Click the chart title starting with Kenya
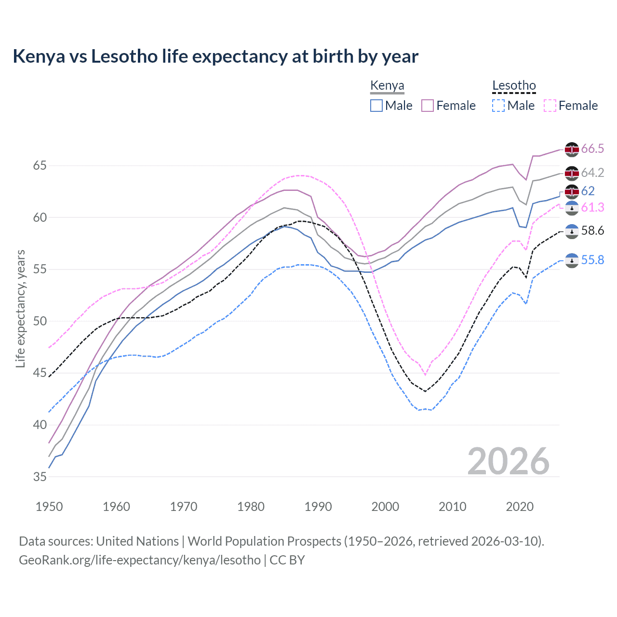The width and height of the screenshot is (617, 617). tap(215, 56)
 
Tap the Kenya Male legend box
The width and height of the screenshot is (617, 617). tap(376, 106)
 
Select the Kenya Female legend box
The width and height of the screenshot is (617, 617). tap(428, 106)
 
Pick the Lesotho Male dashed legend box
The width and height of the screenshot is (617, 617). tap(498, 106)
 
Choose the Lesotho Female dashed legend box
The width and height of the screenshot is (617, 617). tap(550, 106)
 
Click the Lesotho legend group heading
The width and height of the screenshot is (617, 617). tap(514, 86)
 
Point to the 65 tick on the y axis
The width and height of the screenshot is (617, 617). tap(40, 166)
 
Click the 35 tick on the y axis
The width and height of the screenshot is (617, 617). tap(40, 477)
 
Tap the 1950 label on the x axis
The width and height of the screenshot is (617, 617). tap(49, 507)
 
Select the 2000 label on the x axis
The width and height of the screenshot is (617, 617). tap(385, 507)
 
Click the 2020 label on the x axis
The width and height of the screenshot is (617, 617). tap(520, 507)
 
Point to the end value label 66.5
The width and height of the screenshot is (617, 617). tap(592, 149)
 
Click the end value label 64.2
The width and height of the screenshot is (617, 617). tap(592, 173)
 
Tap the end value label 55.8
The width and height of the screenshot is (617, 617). tap(592, 260)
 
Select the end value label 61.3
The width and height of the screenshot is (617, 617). tap(592, 208)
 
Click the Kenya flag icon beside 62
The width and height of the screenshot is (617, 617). tap(572, 192)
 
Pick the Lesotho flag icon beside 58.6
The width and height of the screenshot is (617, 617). tap(572, 231)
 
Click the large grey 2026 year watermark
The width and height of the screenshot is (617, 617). tap(509, 461)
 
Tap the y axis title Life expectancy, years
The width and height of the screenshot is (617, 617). tap(20, 308)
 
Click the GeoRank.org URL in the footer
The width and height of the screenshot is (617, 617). tap(140, 560)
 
